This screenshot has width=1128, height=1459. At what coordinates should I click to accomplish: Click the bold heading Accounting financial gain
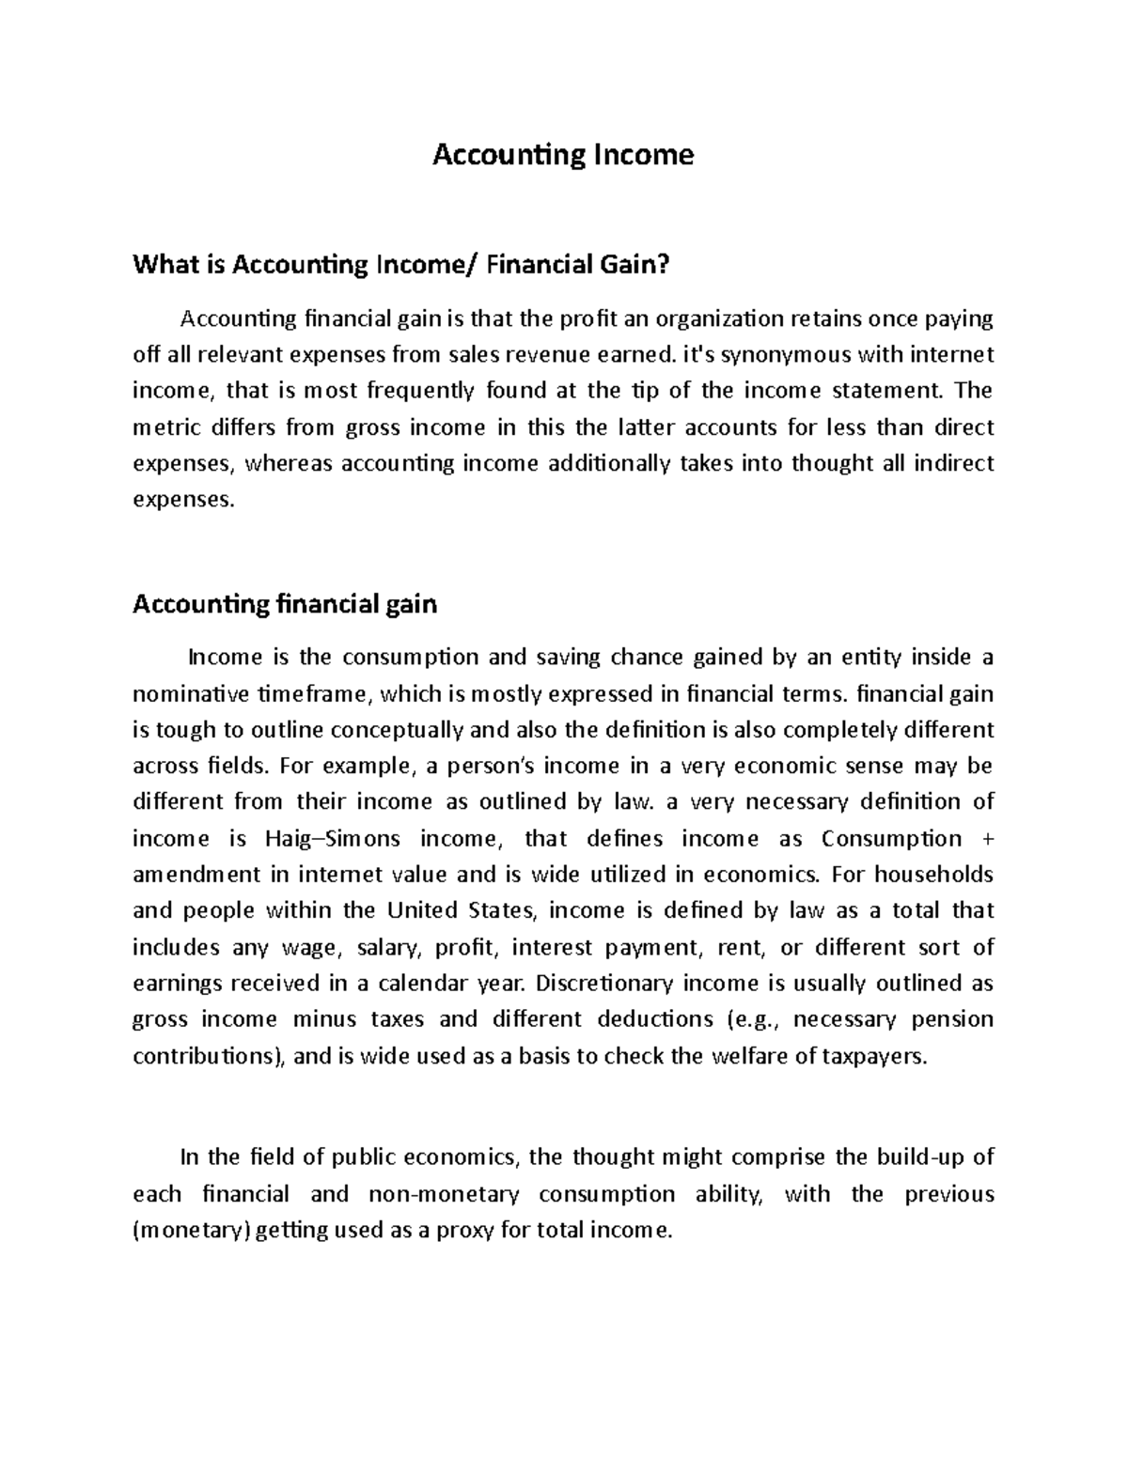pyautogui.click(x=285, y=603)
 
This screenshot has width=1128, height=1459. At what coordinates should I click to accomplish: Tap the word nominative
pyautogui.click(x=190, y=693)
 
